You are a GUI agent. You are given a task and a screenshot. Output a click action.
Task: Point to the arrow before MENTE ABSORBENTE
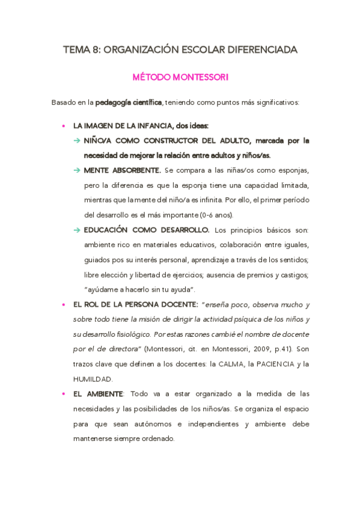coord(77,170)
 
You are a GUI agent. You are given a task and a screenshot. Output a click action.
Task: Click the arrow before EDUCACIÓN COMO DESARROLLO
coord(77,230)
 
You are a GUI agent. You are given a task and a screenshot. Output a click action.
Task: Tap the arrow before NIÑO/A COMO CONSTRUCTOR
coord(77,141)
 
